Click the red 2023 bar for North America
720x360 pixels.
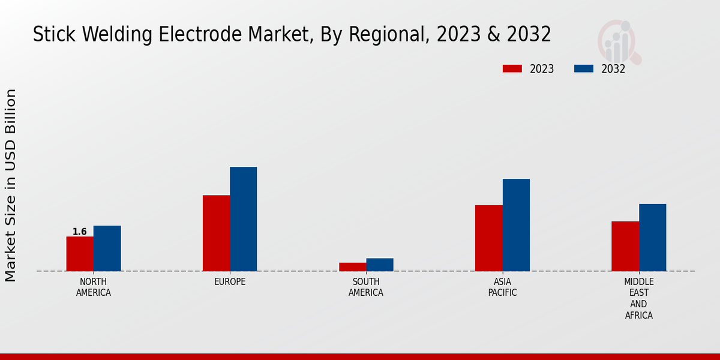80,254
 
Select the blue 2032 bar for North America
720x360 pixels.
107,248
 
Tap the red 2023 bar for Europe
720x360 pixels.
216,233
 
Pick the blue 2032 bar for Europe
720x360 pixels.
243,219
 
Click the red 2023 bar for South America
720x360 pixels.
352,267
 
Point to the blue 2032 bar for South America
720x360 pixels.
380,265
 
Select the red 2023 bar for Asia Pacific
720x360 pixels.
488,238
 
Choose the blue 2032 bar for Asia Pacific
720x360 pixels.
516,225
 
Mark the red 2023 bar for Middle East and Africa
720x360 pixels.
625,246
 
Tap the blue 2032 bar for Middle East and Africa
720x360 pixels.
652,238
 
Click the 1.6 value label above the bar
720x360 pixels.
79,232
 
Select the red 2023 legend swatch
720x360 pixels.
512,68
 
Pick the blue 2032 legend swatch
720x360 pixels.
583,68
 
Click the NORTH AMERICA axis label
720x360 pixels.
94,287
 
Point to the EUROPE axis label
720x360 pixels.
230,282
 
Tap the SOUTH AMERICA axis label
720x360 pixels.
366,287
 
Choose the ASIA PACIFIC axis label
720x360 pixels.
502,287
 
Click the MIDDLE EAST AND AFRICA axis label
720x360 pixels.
639,298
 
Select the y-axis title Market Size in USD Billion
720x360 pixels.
11,185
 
